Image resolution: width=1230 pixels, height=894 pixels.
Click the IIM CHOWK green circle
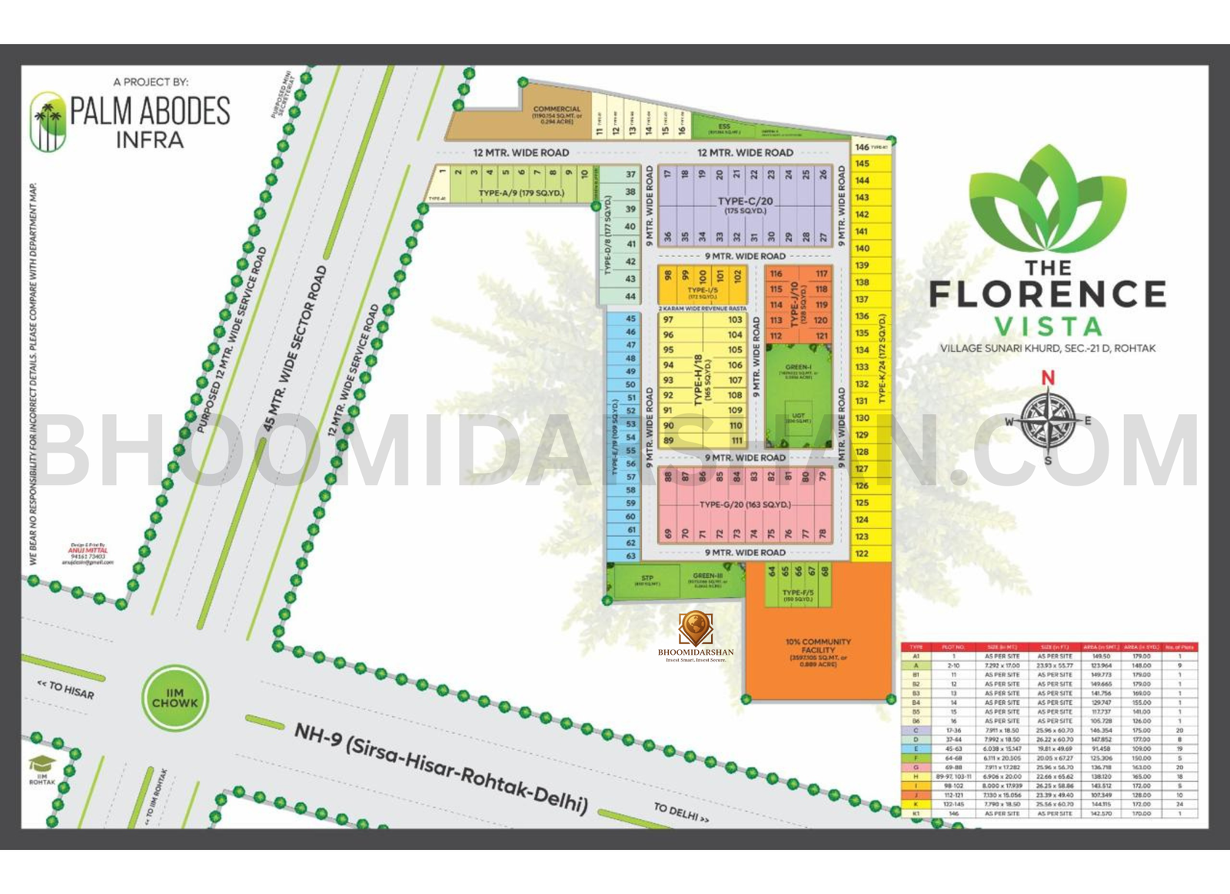pyautogui.click(x=175, y=698)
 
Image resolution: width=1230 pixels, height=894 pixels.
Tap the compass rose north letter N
pyautogui.click(x=1047, y=378)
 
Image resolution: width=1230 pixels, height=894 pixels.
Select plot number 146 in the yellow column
pyautogui.click(x=863, y=146)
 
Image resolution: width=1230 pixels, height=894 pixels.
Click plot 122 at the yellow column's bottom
pyautogui.click(x=862, y=553)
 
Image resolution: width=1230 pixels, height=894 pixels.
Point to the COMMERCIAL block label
pyautogui.click(x=557, y=109)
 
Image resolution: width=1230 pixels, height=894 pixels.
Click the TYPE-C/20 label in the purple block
pyautogui.click(x=745, y=202)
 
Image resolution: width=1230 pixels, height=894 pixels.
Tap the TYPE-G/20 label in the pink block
pyautogui.click(x=745, y=505)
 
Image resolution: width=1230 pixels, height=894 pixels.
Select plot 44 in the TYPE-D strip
pyautogui.click(x=630, y=296)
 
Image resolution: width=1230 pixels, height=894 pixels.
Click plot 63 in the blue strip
pyautogui.click(x=630, y=555)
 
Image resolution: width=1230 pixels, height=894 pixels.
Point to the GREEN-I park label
pyautogui.click(x=798, y=367)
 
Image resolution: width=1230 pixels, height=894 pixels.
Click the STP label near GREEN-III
pyautogui.click(x=647, y=578)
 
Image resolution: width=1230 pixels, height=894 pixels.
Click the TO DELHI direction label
pyautogui.click(x=680, y=812)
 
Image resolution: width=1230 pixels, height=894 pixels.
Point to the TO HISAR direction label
pyautogui.click(x=66, y=689)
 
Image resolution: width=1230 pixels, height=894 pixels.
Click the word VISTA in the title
pyautogui.click(x=1048, y=326)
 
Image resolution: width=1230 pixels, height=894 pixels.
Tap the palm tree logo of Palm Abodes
pyautogui.click(x=48, y=122)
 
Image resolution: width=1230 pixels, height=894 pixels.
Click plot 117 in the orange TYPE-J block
pyautogui.click(x=822, y=273)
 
